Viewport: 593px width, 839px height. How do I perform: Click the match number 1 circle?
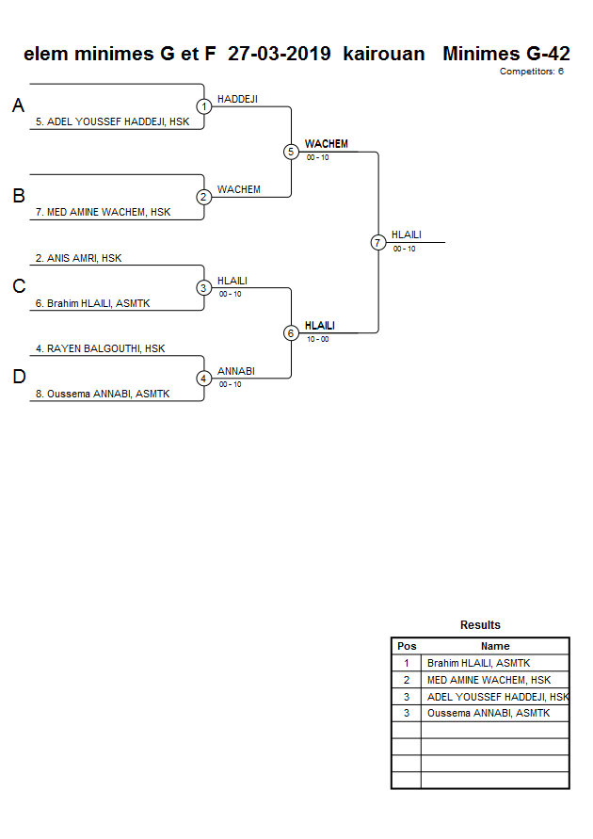click(203, 106)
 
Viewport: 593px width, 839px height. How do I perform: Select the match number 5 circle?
click(291, 152)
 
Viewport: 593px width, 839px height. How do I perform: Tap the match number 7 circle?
click(378, 243)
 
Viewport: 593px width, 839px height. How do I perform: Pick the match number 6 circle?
click(291, 333)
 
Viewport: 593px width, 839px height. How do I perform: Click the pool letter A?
click(18, 106)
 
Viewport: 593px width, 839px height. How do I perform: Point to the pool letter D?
click(18, 378)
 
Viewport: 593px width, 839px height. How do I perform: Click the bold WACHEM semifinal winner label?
click(326, 144)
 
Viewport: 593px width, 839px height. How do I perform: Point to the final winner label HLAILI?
click(406, 234)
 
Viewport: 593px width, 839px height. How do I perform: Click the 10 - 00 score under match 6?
click(317, 339)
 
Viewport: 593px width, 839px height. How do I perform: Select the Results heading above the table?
click(480, 625)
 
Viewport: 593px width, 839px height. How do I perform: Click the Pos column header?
click(407, 646)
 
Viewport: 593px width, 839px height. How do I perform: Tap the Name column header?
click(495, 646)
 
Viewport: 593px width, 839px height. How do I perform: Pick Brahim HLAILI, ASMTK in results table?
click(478, 663)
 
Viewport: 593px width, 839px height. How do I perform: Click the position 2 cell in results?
click(407, 680)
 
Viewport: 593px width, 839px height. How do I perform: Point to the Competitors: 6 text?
click(531, 72)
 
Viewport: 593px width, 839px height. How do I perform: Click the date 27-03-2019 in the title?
click(279, 54)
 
